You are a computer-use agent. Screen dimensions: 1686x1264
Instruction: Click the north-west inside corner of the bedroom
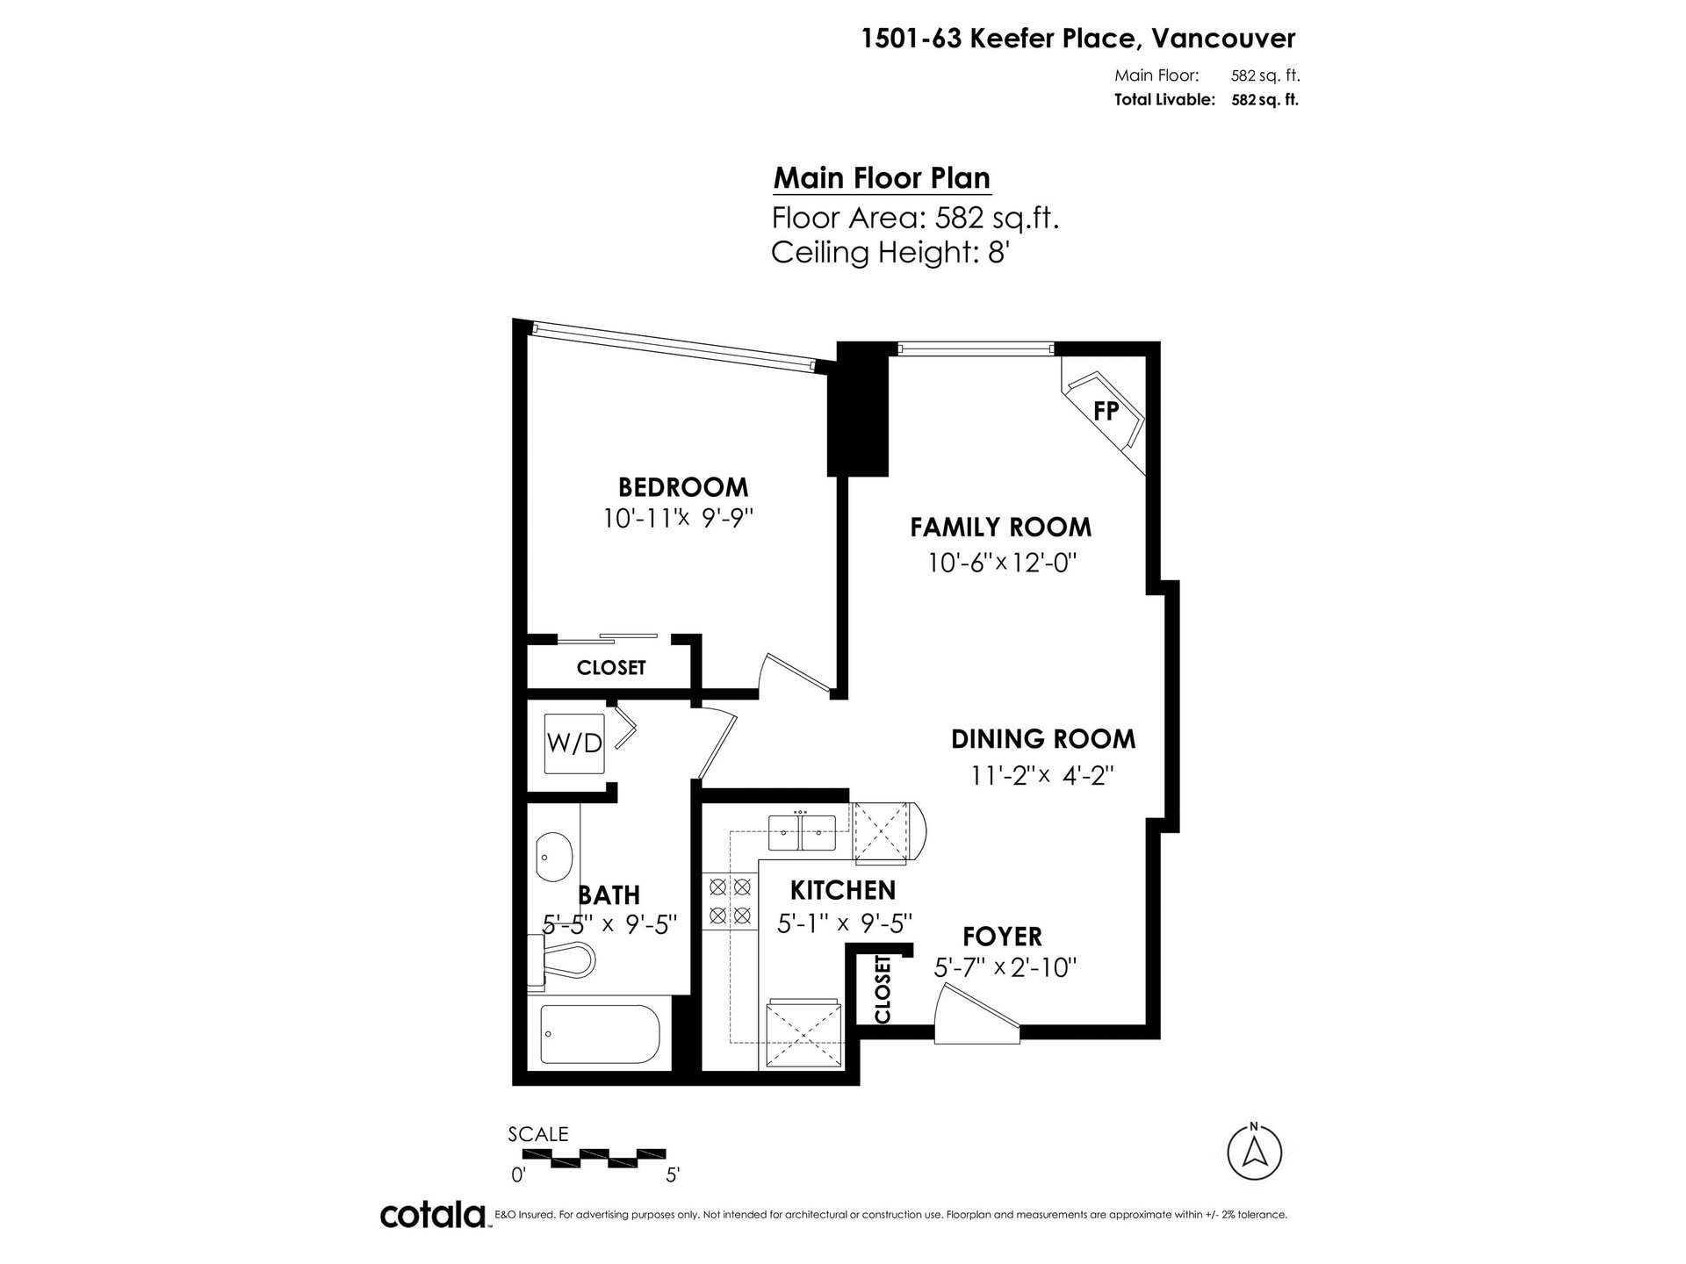[526, 334]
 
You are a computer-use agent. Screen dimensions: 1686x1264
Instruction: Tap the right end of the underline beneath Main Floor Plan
[991, 192]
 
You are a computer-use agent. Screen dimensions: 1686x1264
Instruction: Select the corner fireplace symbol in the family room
[1104, 413]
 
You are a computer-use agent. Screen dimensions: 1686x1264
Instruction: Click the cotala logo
[434, 1216]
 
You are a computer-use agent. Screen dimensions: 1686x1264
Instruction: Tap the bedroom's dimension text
[679, 519]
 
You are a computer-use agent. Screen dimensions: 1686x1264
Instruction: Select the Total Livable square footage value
[1264, 99]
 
